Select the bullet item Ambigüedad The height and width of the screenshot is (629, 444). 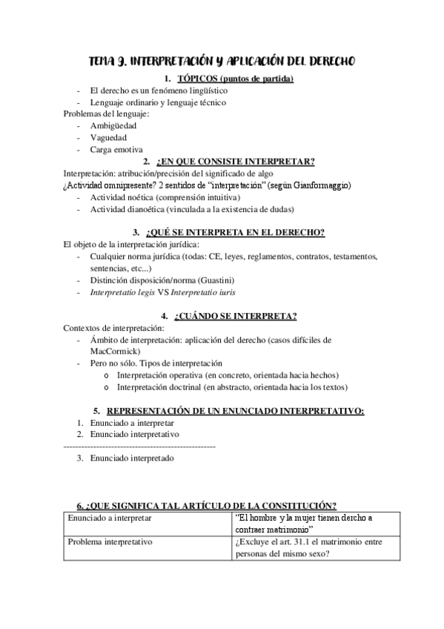click(113, 125)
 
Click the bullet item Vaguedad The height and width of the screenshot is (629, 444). click(109, 137)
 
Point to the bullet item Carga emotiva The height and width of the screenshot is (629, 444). click(116, 149)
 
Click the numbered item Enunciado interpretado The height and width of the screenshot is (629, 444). click(132, 458)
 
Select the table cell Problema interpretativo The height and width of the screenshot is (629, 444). click(110, 542)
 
